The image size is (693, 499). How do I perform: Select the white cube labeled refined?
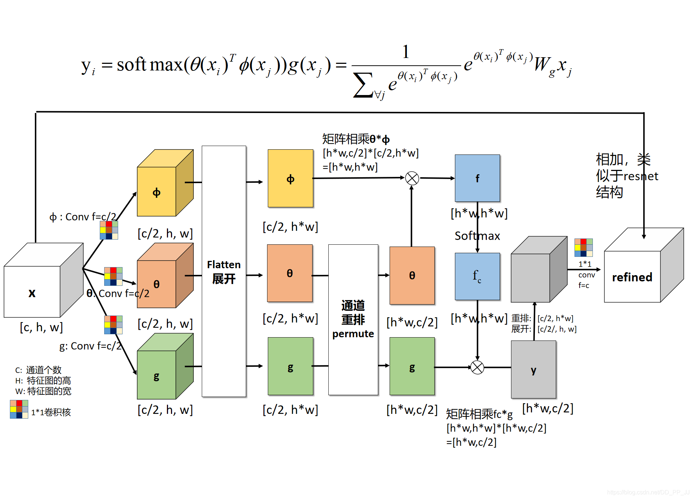click(632, 277)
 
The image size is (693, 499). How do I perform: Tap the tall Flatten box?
click(224, 271)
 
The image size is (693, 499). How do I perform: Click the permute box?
click(353, 320)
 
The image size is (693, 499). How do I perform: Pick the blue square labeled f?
click(477, 178)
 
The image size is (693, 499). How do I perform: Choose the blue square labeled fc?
click(477, 276)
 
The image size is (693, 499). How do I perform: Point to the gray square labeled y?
click(533, 369)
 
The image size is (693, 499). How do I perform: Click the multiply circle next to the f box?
click(412, 178)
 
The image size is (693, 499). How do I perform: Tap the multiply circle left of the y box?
click(477, 367)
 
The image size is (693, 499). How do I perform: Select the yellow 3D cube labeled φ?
click(157, 192)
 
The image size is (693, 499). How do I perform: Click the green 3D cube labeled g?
click(157, 375)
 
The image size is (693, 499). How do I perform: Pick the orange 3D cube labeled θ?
click(157, 284)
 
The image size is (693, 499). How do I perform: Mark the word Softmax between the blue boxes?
click(477, 236)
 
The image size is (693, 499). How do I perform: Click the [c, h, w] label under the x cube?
click(41, 327)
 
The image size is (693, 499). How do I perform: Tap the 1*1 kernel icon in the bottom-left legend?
click(19, 409)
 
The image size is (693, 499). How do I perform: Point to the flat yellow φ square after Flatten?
click(290, 179)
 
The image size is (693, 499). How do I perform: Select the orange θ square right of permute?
click(412, 276)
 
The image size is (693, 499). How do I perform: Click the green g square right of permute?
click(412, 367)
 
